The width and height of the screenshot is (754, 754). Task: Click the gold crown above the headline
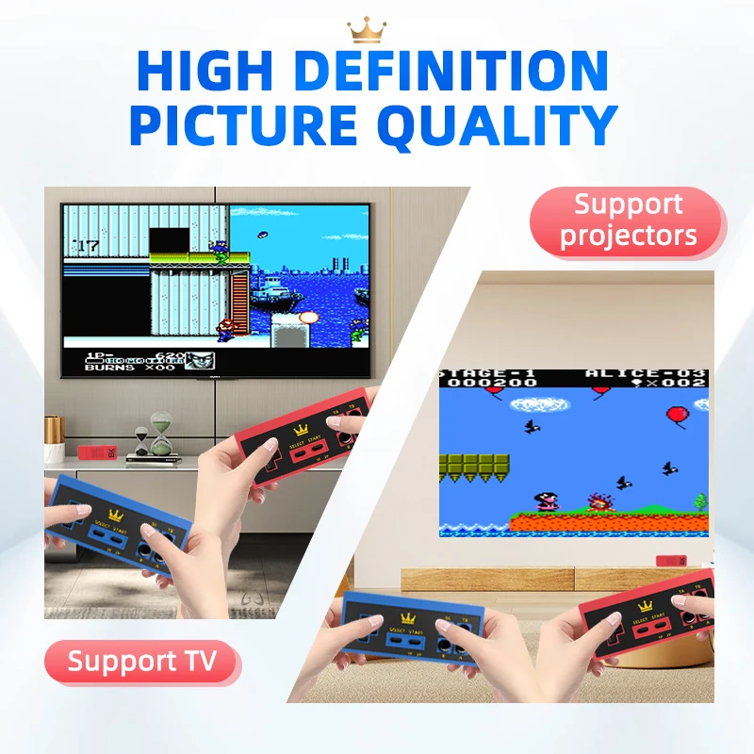tap(367, 30)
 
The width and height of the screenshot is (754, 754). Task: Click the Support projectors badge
tap(628, 220)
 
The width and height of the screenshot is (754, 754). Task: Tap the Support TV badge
tap(141, 662)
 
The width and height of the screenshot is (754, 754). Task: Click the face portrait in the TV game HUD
tap(200, 360)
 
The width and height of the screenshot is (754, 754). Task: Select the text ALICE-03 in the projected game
tap(643, 373)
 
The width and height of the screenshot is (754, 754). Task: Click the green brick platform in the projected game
tap(475, 465)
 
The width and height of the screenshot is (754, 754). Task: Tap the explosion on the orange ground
tap(596, 501)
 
